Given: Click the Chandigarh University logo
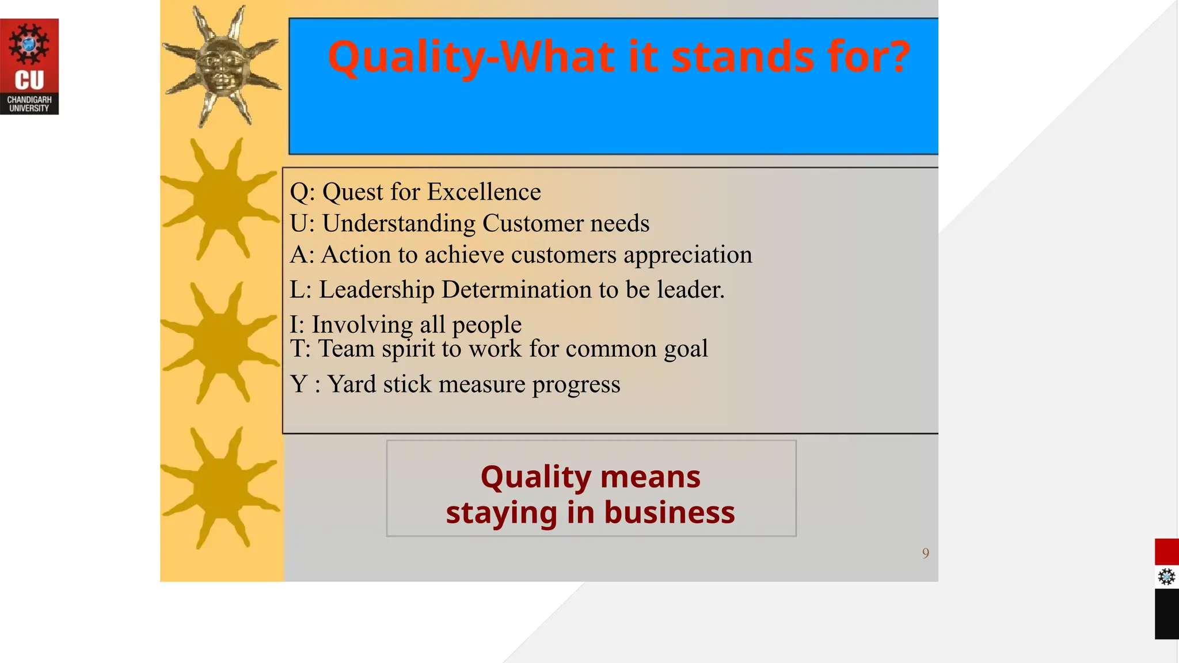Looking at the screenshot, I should (x=29, y=66).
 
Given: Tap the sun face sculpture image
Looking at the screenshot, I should (x=222, y=66).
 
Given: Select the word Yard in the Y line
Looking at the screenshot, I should (x=352, y=384).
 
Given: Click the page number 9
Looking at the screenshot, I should (x=925, y=553).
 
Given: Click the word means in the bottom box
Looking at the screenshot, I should (x=650, y=477).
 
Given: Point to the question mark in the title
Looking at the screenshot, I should (x=897, y=58).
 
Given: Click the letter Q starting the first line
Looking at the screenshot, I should (x=299, y=192).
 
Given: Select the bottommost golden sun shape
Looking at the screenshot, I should (x=220, y=488).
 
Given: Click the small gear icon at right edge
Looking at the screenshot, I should (x=1166, y=577).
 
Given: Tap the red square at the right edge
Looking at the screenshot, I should (x=1166, y=552).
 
